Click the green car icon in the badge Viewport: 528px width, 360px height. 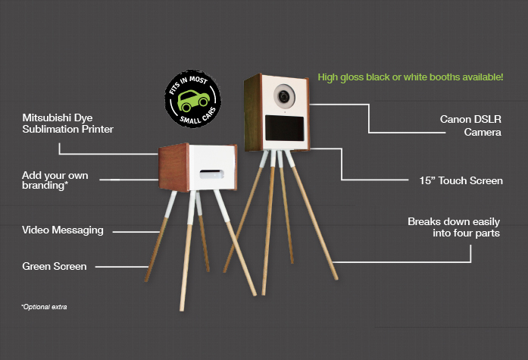coord(193,100)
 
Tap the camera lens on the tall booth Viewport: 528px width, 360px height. coord(284,96)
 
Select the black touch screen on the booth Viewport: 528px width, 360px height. coord(285,128)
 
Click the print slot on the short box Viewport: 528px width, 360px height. coord(211,174)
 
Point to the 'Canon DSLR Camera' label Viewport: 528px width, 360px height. coord(470,125)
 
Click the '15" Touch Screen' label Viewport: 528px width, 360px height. coord(461,180)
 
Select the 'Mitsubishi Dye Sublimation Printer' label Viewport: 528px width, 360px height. coord(67,124)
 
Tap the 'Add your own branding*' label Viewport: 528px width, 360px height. coord(55,180)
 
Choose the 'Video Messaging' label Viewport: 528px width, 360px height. coord(63,230)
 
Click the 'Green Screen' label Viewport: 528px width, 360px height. coord(55,266)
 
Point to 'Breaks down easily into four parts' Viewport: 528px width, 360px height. coord(454,227)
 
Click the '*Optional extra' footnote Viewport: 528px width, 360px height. coord(44,307)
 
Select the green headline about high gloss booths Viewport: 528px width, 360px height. coord(411,77)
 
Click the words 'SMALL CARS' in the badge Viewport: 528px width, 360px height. coord(198,117)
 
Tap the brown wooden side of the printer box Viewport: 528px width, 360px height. coord(173,167)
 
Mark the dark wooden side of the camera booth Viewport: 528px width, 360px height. coord(253,113)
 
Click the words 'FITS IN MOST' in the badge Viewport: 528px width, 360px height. coord(188,83)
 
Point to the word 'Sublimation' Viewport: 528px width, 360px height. coord(52,129)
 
